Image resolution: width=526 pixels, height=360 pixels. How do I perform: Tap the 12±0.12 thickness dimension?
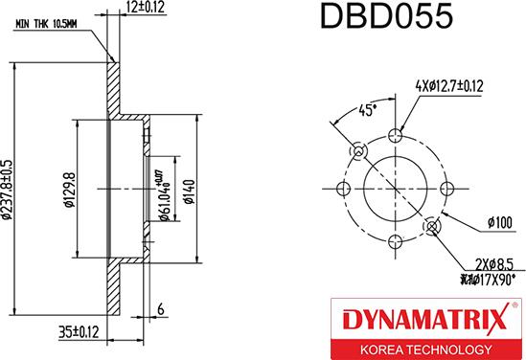click(144, 10)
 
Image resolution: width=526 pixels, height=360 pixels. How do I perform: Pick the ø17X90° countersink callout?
click(486, 279)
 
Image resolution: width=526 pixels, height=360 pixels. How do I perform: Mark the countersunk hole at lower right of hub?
click(433, 225)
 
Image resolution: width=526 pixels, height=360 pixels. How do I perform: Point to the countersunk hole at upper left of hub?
click(359, 151)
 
